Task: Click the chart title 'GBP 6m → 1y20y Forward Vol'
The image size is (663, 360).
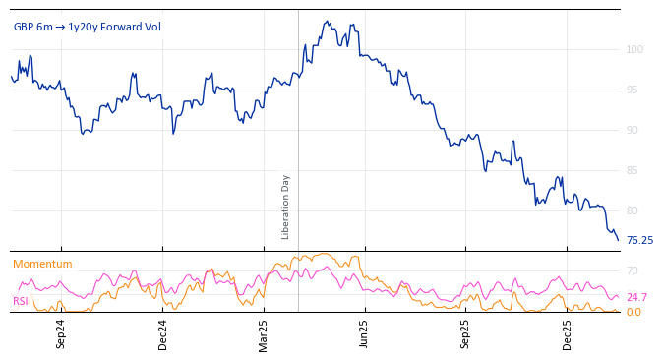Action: [x=88, y=27]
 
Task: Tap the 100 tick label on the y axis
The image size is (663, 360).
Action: [x=634, y=49]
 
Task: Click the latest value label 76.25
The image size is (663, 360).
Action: [x=639, y=240]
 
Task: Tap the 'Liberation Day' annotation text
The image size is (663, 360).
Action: [x=286, y=207]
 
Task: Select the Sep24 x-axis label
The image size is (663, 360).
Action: [x=61, y=334]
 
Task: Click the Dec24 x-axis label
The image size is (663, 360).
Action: [x=162, y=334]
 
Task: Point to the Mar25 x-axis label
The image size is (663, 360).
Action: [x=263, y=334]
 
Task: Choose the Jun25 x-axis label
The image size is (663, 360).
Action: [x=364, y=334]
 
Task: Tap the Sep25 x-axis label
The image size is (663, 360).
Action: [x=465, y=334]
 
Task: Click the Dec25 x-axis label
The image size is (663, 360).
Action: [x=567, y=334]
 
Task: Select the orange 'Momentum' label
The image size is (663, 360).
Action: [x=42, y=264]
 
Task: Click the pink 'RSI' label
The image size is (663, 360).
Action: [x=20, y=301]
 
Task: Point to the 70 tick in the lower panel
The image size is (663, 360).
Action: [x=633, y=270]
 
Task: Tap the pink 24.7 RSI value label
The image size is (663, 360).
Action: [x=636, y=297]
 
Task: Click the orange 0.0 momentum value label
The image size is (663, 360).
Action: [x=633, y=312]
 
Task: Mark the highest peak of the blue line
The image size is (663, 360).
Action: [x=327, y=21]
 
